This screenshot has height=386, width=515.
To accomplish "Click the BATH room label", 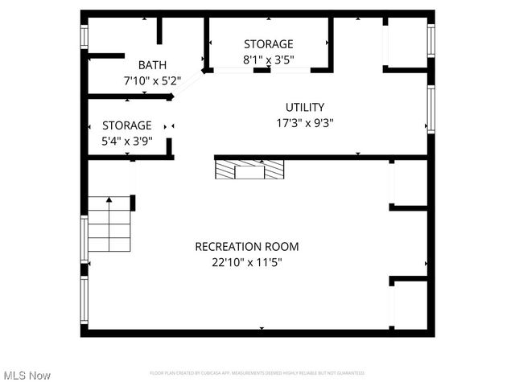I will (152, 65).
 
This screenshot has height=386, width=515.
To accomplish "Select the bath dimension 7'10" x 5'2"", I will (152, 80).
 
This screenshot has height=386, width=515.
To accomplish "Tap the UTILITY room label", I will (305, 107).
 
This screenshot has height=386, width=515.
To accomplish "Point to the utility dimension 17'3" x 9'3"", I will (305, 123).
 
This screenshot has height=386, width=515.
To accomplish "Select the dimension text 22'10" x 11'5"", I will (246, 262).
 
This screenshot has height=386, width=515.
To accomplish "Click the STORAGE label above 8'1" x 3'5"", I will (268, 44).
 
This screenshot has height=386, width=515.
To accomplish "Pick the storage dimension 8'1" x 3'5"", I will (268, 60).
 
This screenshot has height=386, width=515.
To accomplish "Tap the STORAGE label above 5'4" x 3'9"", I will (126, 125).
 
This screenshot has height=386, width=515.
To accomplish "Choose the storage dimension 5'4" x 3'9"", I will (126, 141).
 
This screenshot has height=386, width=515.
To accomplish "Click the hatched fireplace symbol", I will (249, 169).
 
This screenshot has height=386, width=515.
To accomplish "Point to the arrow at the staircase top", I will (109, 199).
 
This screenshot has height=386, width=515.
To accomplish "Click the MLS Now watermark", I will (27, 376).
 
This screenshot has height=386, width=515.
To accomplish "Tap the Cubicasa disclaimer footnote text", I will (257, 373).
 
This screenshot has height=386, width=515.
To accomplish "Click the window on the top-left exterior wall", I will (84, 38).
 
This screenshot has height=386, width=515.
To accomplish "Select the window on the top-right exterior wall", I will (431, 40).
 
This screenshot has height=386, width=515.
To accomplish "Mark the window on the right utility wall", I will (431, 109).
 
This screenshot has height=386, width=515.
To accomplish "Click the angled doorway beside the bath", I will (190, 84).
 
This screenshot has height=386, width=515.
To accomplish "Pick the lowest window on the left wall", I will (84, 300).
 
